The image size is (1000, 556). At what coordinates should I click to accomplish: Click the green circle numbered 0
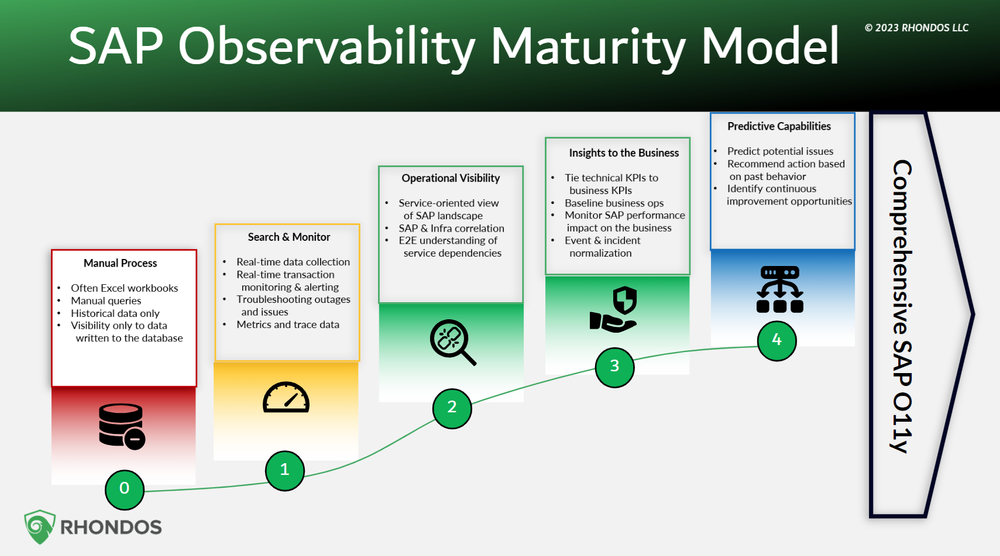[x=125, y=489]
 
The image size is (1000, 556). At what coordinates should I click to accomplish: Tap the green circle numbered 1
[x=285, y=468]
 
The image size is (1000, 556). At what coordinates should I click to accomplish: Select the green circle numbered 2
[x=452, y=407]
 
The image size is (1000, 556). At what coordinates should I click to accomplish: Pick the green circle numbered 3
[x=615, y=366]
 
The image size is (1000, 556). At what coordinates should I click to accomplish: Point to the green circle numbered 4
[x=776, y=340]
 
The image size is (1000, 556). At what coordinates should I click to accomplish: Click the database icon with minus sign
[x=119, y=425]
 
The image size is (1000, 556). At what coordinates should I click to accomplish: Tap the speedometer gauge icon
[x=287, y=398]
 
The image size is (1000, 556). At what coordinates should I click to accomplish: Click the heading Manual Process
[x=120, y=263]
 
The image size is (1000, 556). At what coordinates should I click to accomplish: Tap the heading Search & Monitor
[x=289, y=237]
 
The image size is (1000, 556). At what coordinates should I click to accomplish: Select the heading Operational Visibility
[x=451, y=178]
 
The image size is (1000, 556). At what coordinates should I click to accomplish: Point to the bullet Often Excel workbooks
[x=124, y=289]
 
